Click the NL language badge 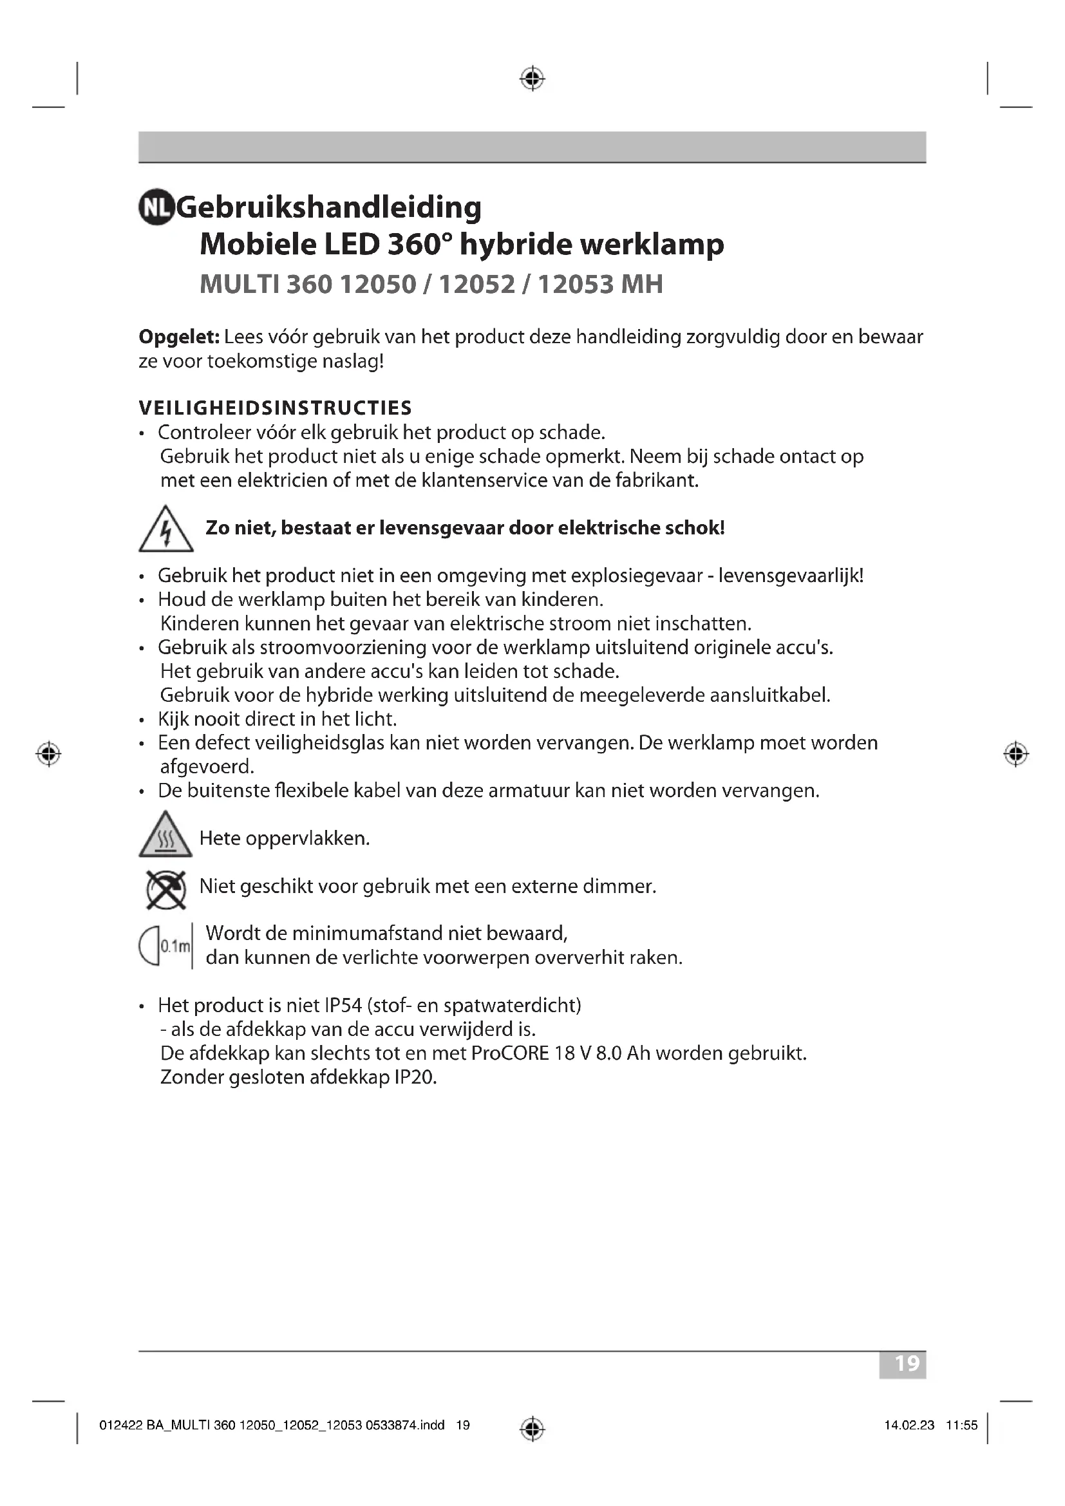pyautogui.click(x=156, y=207)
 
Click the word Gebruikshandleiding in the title pyautogui.click(x=329, y=207)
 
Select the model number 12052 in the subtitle pyautogui.click(x=476, y=284)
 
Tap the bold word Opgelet pyautogui.click(x=178, y=337)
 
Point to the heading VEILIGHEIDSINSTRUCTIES pyautogui.click(x=276, y=408)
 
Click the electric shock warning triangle pyautogui.click(x=166, y=530)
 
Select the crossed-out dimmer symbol pyautogui.click(x=166, y=889)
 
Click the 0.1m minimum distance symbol pyautogui.click(x=166, y=946)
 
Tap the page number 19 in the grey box pyautogui.click(x=907, y=1364)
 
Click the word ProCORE pyautogui.click(x=510, y=1053)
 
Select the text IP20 pyautogui.click(x=415, y=1078)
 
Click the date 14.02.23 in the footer pyautogui.click(x=909, y=1426)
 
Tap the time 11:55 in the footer pyautogui.click(x=961, y=1426)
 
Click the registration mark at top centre pyautogui.click(x=532, y=79)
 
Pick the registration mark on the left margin pyautogui.click(x=48, y=754)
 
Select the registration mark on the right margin pyautogui.click(x=1016, y=754)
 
